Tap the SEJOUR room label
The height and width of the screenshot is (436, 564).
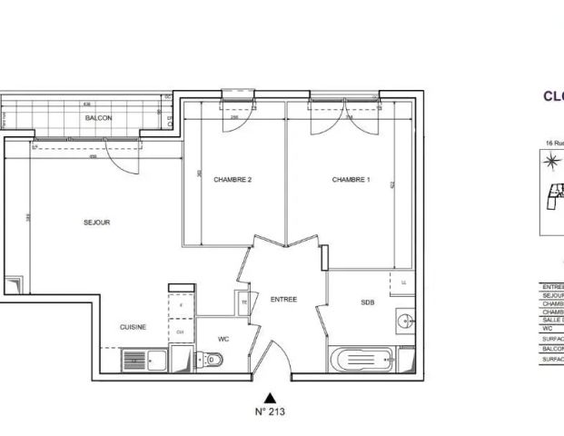point(96,223)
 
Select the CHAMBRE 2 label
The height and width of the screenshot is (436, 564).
point(233,180)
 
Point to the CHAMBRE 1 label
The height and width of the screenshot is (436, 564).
point(351,180)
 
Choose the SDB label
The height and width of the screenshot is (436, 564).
point(367,302)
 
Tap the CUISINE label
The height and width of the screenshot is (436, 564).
point(134,327)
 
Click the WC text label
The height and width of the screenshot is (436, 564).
point(223,339)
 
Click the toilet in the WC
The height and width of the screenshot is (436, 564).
point(213,361)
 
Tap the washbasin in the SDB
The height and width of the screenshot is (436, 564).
point(404,320)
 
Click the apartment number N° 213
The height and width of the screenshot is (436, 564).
point(270,411)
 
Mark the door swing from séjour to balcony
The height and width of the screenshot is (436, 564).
point(128,159)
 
